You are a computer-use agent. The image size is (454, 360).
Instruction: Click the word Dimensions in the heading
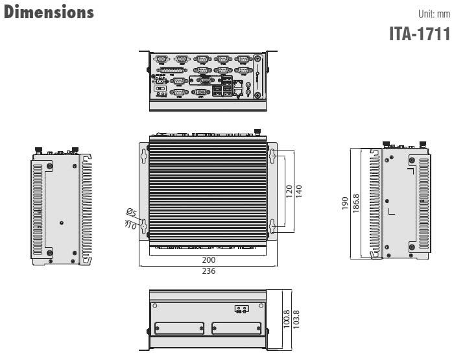49,12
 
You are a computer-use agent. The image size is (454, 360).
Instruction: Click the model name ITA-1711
419,33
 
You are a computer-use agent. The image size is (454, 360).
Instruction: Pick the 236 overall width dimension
208,271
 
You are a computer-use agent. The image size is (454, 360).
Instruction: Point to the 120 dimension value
289,192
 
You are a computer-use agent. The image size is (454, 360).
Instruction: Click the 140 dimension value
299,192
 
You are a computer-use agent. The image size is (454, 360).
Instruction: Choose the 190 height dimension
346,204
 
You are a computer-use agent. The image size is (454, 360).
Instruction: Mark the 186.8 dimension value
356,204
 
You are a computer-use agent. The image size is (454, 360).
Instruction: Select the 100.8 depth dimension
287,320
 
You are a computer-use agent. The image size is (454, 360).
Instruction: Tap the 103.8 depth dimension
296,320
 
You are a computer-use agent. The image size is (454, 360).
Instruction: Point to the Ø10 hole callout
130,225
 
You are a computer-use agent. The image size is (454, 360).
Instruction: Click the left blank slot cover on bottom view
177,329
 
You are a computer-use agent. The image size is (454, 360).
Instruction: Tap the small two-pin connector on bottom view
241,309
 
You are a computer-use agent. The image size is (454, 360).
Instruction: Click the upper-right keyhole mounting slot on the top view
272,156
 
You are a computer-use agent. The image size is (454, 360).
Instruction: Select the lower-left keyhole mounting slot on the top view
144,225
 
